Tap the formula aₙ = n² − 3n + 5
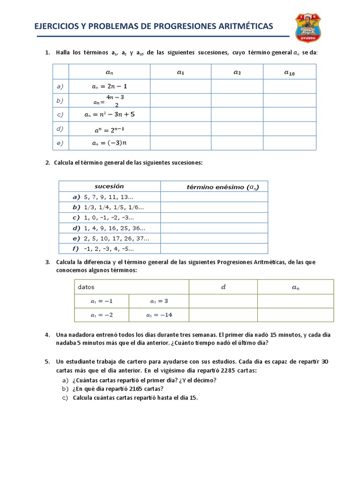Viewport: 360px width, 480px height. click(110, 114)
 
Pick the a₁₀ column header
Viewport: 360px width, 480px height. click(290, 72)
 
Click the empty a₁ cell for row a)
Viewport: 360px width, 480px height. click(180, 86)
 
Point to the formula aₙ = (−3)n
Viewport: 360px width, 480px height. click(110, 143)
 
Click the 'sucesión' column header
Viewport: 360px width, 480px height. click(109, 186)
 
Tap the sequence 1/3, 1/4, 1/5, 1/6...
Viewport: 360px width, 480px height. click(114, 207)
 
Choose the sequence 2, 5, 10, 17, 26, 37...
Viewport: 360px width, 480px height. click(116, 238)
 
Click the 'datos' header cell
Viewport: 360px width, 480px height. click(86, 286)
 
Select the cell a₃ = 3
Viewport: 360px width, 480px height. click(159, 301)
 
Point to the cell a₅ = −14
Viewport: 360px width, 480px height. click(159, 315)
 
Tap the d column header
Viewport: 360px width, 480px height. click(223, 287)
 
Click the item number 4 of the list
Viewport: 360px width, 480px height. click(47, 335)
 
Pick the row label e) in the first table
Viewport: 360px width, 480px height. click(60, 143)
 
